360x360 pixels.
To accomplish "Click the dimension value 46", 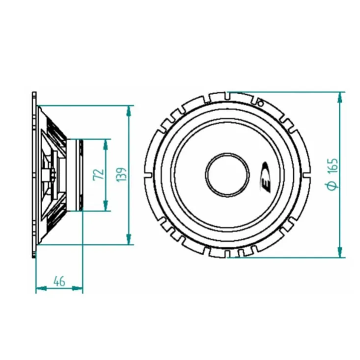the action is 59,281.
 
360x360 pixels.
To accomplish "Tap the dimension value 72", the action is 98,175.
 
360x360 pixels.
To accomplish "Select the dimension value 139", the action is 121,175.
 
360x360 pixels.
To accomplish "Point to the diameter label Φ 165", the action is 332,174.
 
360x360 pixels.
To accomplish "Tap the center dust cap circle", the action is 227,175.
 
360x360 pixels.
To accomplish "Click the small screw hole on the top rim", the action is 260,103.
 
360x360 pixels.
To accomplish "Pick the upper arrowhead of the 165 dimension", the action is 340,97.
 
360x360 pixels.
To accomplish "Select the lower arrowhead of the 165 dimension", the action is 340,252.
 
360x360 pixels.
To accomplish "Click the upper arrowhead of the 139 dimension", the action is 129,111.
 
